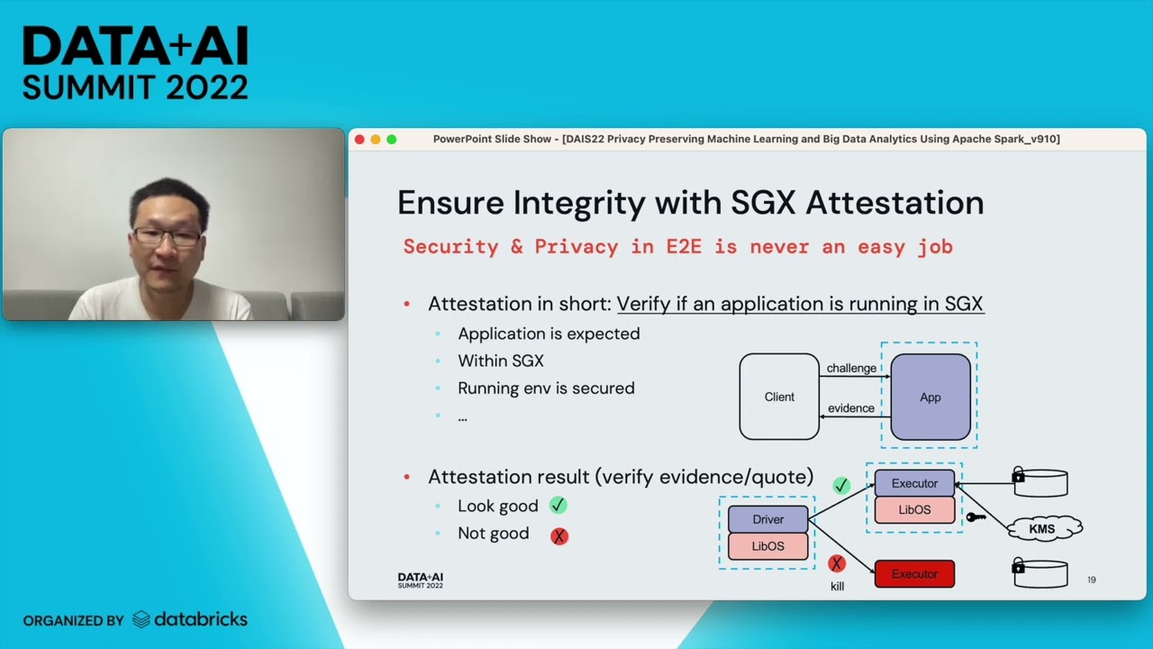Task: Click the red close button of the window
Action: [359, 139]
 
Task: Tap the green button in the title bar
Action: [391, 139]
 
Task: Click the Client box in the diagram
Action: [779, 397]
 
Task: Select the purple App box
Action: [930, 397]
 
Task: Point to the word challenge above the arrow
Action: [851, 368]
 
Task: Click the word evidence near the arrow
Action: [851, 408]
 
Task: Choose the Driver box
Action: [767, 519]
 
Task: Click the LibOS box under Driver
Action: [767, 546]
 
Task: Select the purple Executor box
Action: [914, 483]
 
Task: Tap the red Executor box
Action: [914, 574]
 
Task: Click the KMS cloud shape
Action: [1042, 529]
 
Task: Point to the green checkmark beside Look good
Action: [558, 506]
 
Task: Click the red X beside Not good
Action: [559, 535]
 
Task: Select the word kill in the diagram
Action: [837, 587]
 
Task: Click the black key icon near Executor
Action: [976, 517]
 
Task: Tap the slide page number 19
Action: [1091, 580]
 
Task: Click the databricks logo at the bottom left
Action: [190, 619]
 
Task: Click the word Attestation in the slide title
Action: [894, 203]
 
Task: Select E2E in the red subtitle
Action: [683, 247]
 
